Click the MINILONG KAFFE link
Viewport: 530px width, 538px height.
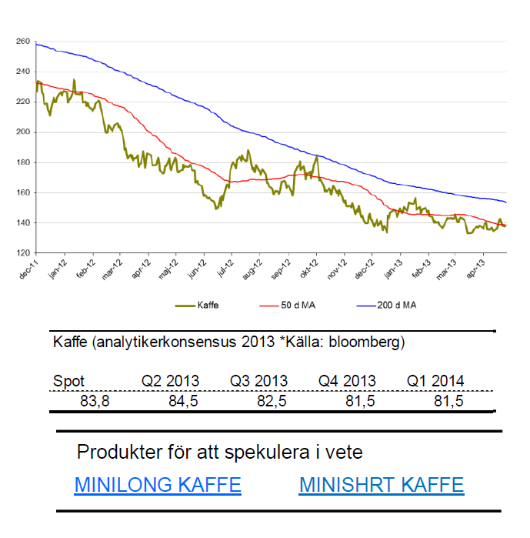click(158, 485)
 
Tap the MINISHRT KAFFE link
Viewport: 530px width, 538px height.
click(382, 485)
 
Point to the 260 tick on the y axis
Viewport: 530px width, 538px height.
click(22, 41)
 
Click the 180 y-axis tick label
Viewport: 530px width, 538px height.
click(22, 162)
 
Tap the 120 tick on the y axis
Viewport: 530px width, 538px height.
click(22, 253)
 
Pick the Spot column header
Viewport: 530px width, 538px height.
click(68, 381)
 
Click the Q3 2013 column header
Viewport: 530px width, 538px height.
click(258, 381)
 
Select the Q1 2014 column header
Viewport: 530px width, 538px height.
click(435, 381)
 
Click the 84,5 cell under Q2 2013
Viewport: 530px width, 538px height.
click(184, 401)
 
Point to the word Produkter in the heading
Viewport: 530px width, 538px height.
click(115, 452)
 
